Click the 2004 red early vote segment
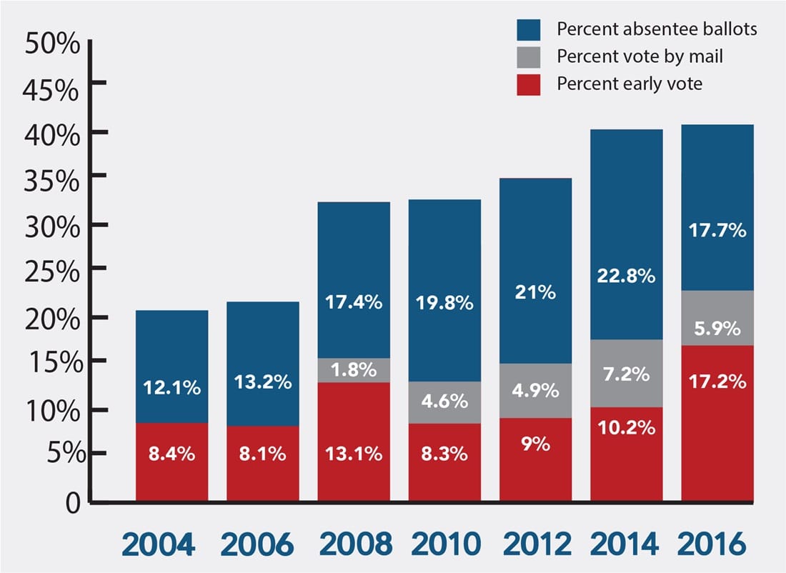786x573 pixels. point(172,462)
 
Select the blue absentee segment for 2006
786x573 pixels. point(263,364)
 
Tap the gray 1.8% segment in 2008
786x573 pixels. point(354,371)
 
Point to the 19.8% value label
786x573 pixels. point(444,303)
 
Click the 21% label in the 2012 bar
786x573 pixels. point(535,292)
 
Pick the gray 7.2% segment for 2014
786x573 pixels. point(627,374)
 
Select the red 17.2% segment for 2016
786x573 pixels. point(717,423)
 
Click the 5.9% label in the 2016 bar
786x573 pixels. point(717,329)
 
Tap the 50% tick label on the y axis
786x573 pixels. point(52,43)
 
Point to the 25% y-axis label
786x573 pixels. point(52,271)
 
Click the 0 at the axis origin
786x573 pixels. point(73,502)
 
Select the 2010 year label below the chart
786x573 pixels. point(446,544)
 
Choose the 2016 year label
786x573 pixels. point(712,544)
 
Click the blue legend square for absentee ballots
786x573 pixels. point(529,29)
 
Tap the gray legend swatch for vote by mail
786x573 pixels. point(529,57)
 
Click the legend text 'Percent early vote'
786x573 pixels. point(630,84)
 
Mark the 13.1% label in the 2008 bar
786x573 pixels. point(354,454)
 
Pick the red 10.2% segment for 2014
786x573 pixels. point(627,454)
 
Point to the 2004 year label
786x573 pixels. point(159,544)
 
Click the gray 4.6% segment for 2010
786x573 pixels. point(444,402)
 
